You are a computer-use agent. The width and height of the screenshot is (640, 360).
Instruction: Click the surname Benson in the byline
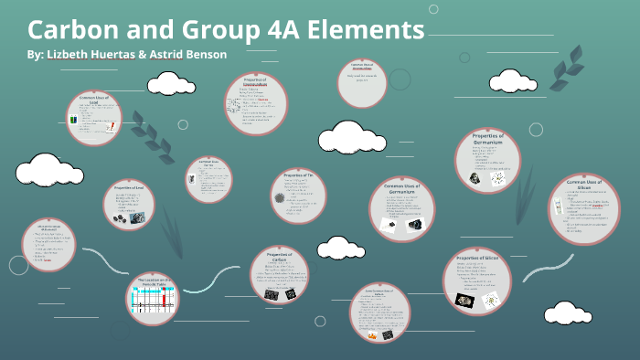[203, 54]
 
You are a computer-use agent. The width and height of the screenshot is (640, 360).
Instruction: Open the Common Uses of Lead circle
[93, 117]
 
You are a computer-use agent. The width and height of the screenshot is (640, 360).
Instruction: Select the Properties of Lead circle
[130, 203]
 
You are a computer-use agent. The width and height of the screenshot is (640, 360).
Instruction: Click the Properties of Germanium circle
[494, 161]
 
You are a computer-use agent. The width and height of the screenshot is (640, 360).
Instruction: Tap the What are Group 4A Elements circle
[49, 245]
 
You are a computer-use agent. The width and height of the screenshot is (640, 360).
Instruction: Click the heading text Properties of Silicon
[477, 259]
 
